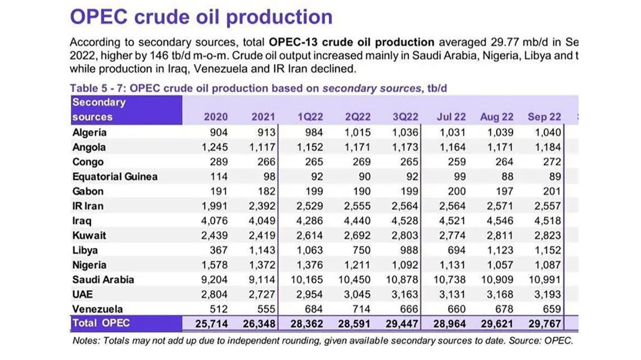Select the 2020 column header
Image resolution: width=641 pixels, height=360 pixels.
point(216,117)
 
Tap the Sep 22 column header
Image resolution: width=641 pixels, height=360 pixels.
point(544,117)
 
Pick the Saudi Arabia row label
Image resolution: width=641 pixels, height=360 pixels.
point(103,279)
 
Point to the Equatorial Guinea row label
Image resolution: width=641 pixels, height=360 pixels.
point(115,176)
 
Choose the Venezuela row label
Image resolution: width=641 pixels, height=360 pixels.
point(98,309)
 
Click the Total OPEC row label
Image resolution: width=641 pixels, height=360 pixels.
point(101,323)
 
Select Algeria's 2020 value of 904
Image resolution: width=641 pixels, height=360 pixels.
point(220,132)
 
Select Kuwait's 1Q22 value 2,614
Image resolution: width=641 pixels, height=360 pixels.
point(312,235)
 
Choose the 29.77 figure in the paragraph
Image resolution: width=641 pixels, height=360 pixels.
point(503,42)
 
